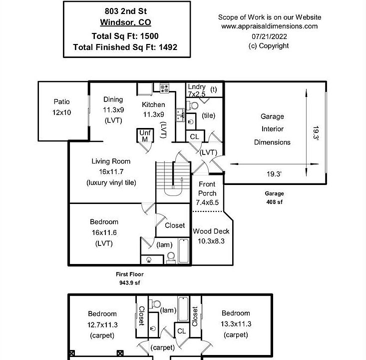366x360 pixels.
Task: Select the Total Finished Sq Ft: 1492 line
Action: pos(125,47)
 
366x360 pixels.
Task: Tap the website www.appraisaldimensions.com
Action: pos(270,26)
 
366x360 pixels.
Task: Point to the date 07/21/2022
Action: pos(269,36)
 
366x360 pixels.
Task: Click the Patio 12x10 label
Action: pos(62,107)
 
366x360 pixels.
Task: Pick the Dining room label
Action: pos(113,99)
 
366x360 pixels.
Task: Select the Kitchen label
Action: pos(153,104)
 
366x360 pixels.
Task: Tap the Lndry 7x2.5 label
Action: pos(196,90)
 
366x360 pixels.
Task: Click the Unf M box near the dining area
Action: pos(145,136)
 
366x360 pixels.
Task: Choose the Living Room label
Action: pos(111,161)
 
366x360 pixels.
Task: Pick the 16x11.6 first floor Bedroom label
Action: pos(104,232)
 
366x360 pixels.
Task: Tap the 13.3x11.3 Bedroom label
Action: pos(236,323)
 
